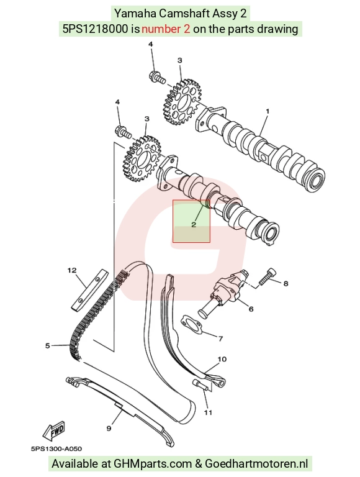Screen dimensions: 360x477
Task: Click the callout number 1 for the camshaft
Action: (268, 111)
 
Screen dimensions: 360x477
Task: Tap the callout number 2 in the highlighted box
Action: (194, 225)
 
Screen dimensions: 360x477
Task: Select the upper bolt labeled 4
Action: (157, 76)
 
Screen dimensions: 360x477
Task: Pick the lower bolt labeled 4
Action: (123, 131)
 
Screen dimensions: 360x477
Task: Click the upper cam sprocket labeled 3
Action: (181, 102)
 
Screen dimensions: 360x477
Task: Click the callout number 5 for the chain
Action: (47, 345)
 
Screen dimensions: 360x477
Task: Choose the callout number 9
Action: (109, 429)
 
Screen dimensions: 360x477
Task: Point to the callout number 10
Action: (222, 359)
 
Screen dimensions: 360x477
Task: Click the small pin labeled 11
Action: (200, 384)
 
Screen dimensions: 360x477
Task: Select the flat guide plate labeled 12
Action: (90, 290)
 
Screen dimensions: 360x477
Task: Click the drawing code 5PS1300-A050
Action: (56, 448)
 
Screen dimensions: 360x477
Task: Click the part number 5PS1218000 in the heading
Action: (95, 29)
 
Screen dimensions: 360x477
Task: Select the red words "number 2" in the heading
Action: (166, 29)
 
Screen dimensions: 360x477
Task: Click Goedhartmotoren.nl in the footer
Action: (256, 464)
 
